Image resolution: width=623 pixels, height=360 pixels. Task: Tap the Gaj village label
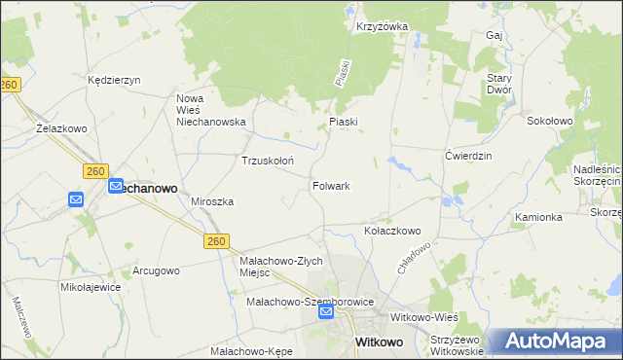(x=493, y=35)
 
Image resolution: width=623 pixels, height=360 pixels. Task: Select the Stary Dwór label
(x=498, y=84)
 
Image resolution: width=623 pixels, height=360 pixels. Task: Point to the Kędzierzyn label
(x=115, y=80)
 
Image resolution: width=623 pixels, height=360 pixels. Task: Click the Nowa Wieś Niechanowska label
(x=210, y=111)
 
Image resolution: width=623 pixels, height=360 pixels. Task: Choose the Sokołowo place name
(x=549, y=122)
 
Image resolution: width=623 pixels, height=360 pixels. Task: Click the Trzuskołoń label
(x=268, y=161)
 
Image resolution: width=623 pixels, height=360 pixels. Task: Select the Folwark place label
(x=331, y=185)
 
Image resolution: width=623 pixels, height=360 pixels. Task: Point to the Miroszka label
(x=212, y=201)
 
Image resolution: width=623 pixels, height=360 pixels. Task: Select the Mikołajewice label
(x=91, y=288)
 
